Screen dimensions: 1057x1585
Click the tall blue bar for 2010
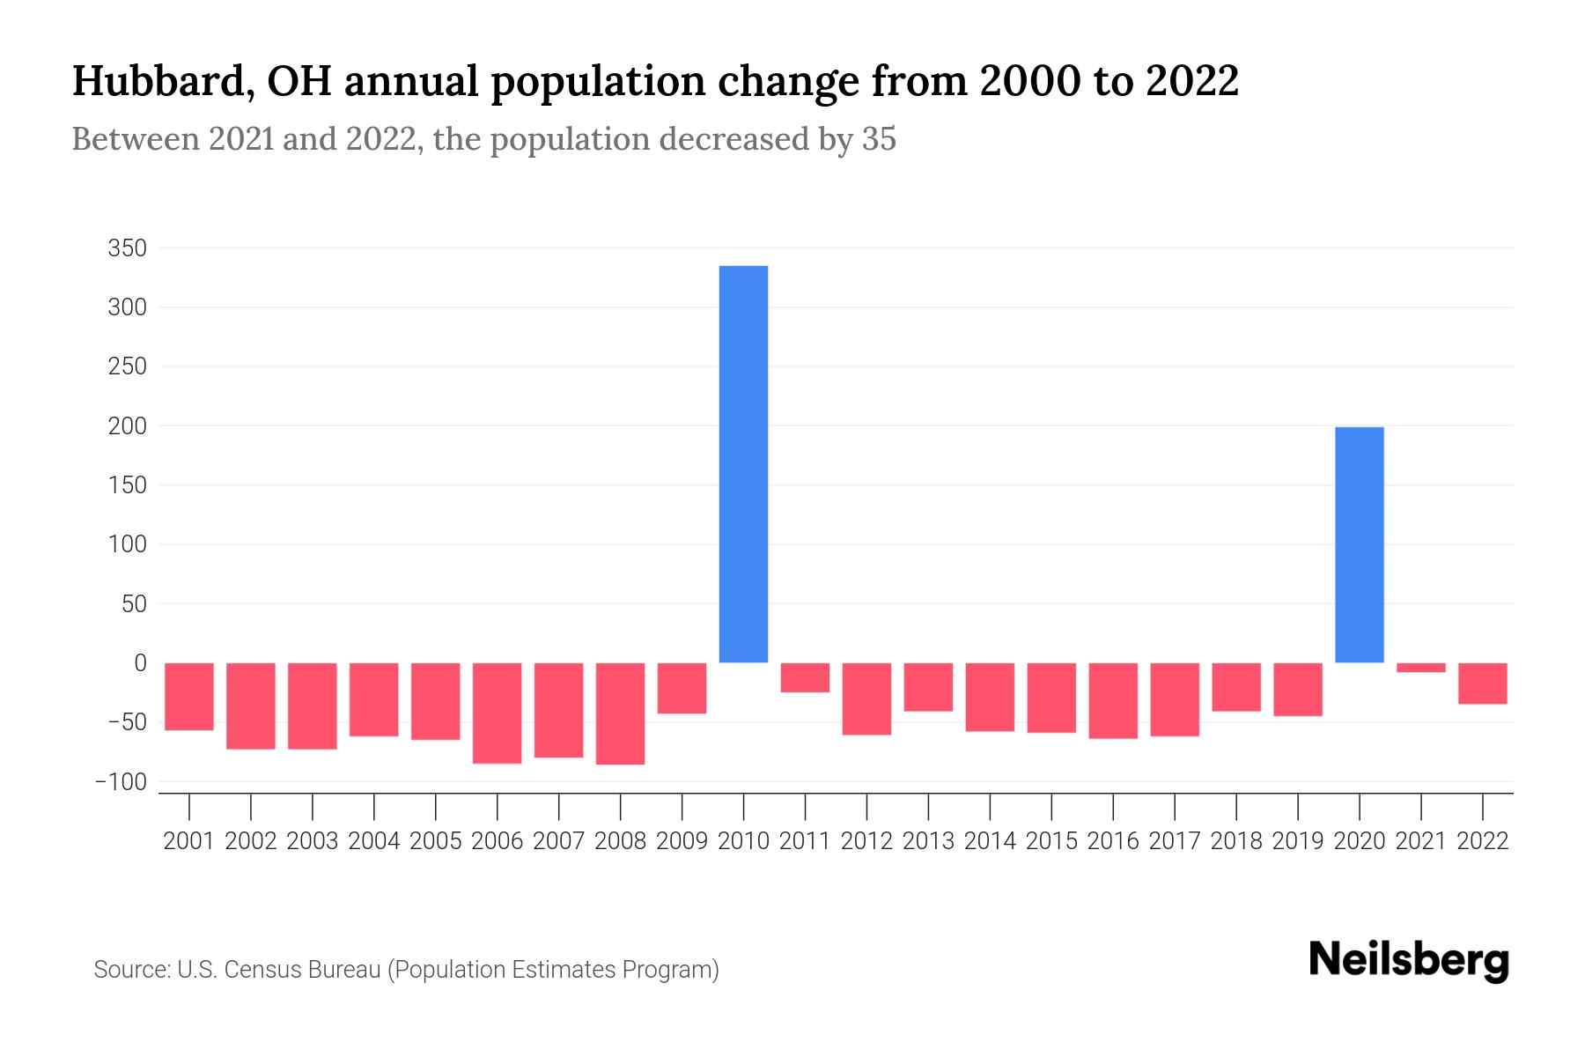743,464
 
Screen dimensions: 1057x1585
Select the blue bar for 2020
1359,544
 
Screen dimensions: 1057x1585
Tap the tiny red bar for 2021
1420,668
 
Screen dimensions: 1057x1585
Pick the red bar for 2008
620,713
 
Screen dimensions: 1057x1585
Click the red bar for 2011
805,677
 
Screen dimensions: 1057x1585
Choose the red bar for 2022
1482,684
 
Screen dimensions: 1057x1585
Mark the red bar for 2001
189,697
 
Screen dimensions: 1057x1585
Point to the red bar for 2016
1113,700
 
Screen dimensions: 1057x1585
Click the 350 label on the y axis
127,248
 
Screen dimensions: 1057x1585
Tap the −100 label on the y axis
122,782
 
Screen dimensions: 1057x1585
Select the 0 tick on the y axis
139,663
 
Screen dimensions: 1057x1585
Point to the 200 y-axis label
127,426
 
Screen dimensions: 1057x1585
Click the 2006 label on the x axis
497,841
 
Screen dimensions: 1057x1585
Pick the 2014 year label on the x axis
990,841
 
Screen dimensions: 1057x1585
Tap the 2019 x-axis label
1297,841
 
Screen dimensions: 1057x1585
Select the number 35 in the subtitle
878,139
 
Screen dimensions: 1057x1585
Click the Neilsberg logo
1409,961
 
